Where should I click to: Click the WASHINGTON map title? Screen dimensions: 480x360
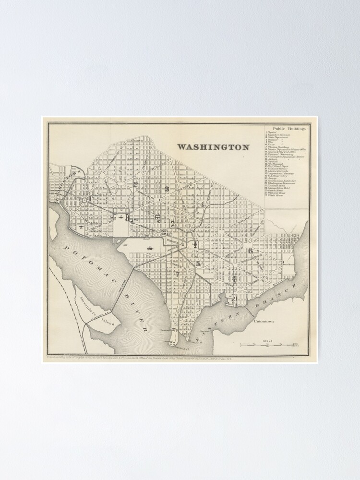213,147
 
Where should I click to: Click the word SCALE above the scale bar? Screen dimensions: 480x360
267,340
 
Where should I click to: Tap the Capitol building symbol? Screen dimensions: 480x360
196,245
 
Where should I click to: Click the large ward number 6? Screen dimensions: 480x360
250,250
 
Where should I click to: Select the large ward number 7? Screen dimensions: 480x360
177,274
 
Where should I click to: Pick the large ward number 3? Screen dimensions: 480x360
166,189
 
